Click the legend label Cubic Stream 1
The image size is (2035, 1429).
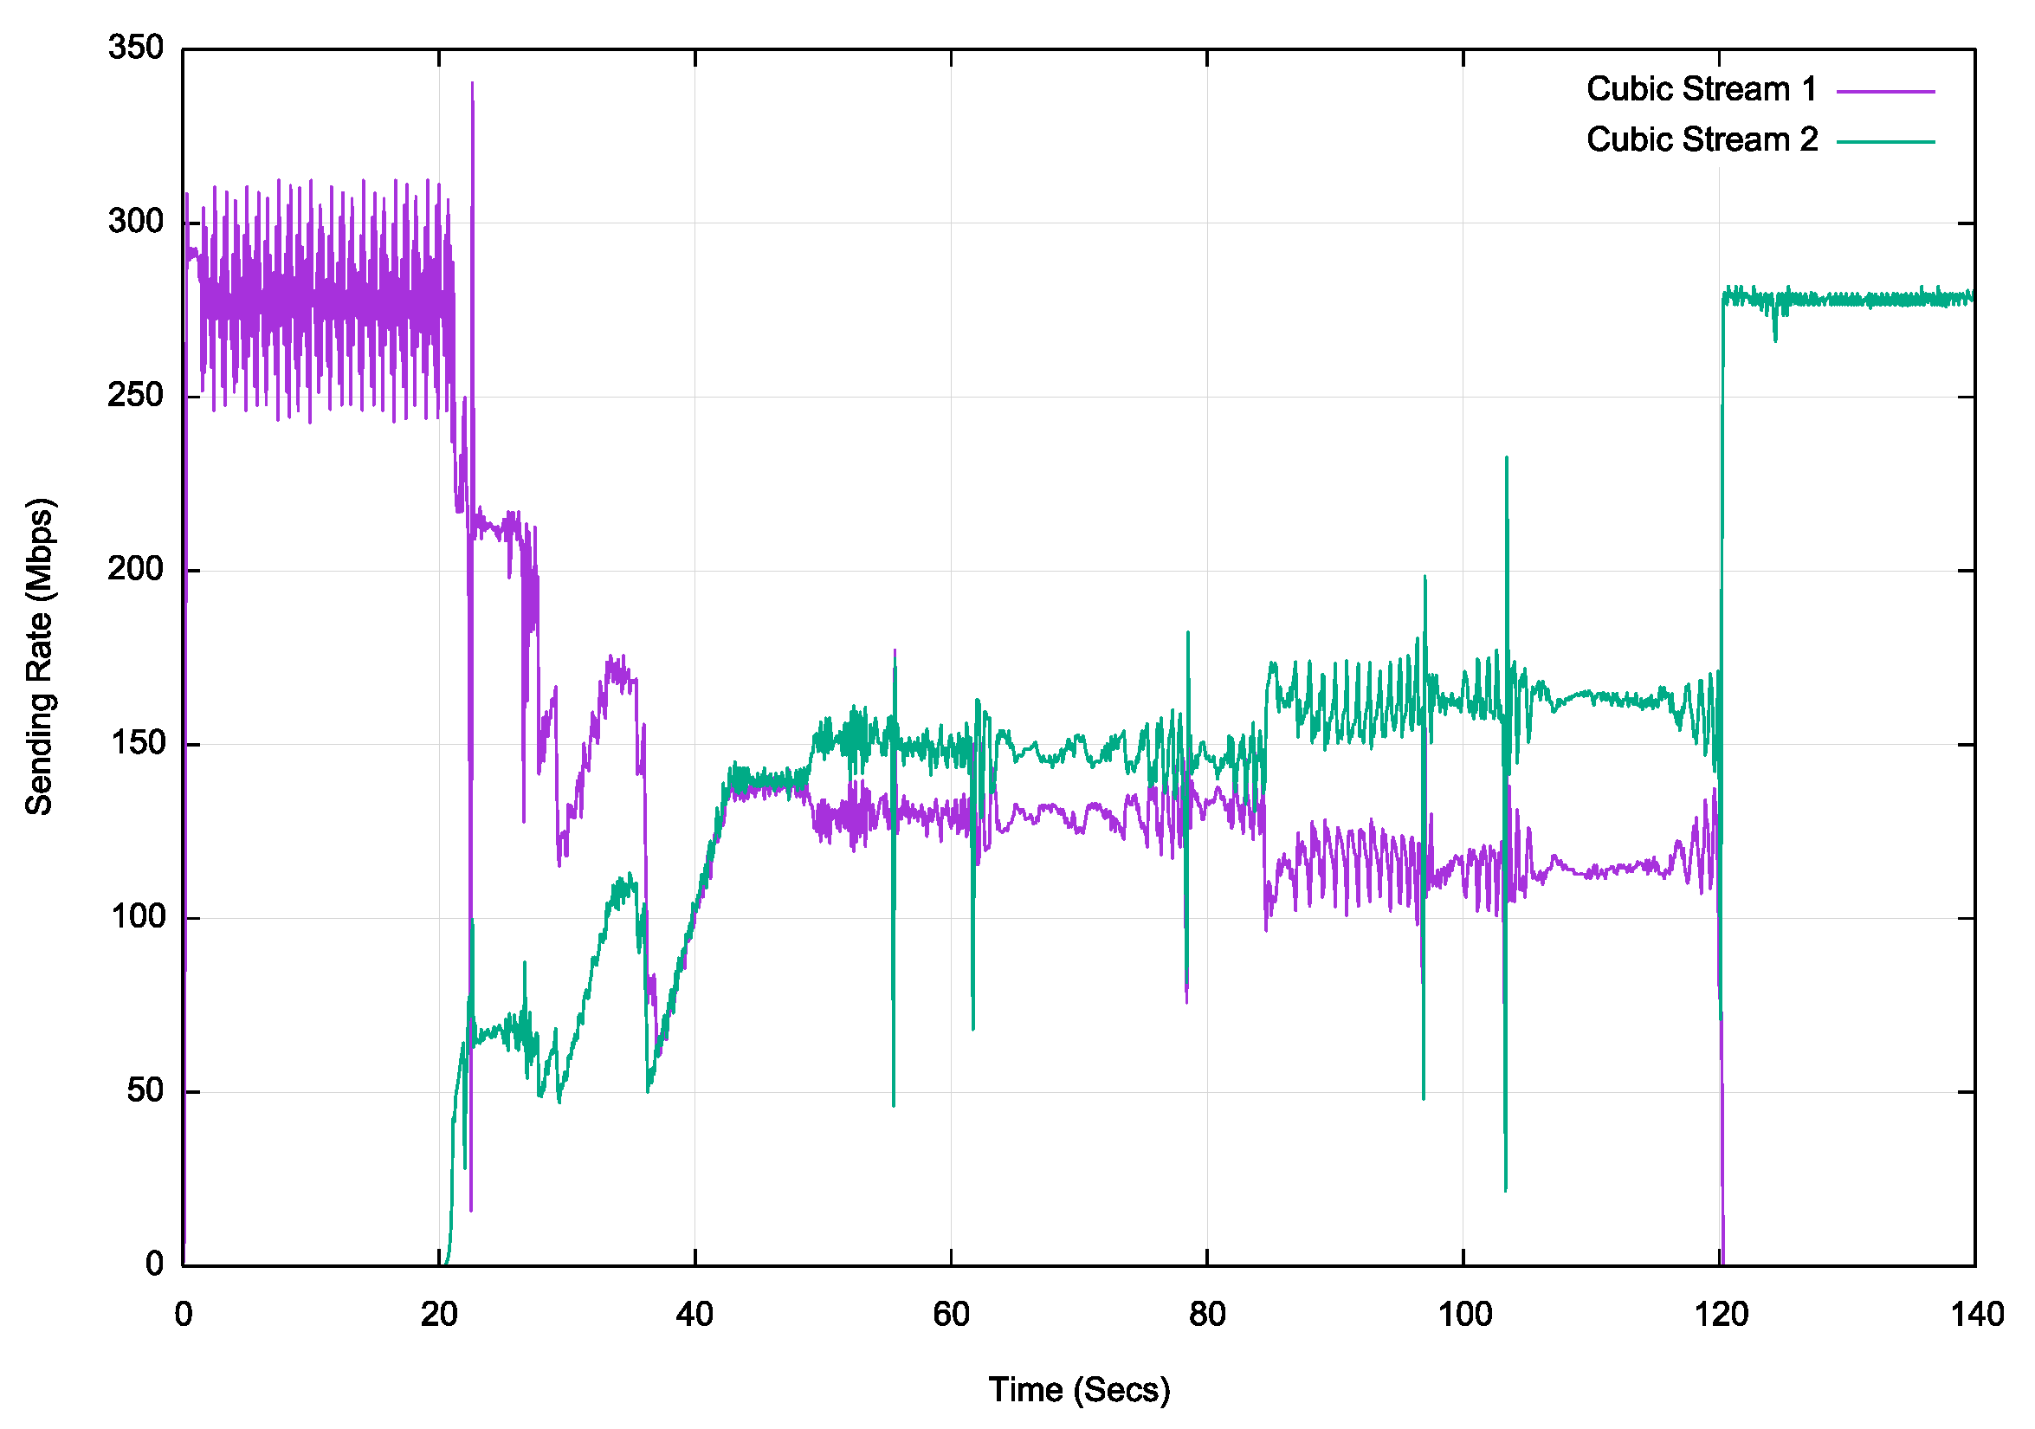point(1701,89)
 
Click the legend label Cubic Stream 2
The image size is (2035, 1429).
point(1701,140)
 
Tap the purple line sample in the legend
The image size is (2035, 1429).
point(1885,91)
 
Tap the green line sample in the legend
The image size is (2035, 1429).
point(1885,142)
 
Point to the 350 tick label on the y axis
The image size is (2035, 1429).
point(136,48)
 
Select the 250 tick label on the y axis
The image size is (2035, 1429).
point(136,396)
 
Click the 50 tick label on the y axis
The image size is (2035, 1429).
point(145,1090)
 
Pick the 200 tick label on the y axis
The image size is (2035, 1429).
point(136,569)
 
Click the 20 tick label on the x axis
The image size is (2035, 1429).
point(439,1314)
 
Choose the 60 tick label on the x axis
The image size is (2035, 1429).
point(951,1314)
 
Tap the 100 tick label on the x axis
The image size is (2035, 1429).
point(1463,1314)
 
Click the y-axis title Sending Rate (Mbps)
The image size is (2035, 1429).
point(40,656)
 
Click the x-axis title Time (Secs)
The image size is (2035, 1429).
point(1079,1390)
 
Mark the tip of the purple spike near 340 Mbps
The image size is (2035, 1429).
point(473,83)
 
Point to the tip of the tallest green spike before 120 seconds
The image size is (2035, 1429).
point(1507,458)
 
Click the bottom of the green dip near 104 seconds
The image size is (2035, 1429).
point(1505,1190)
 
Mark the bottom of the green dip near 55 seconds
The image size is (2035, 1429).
point(894,1105)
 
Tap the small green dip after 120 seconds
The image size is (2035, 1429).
point(1775,340)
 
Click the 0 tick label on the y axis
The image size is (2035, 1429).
point(155,1264)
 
